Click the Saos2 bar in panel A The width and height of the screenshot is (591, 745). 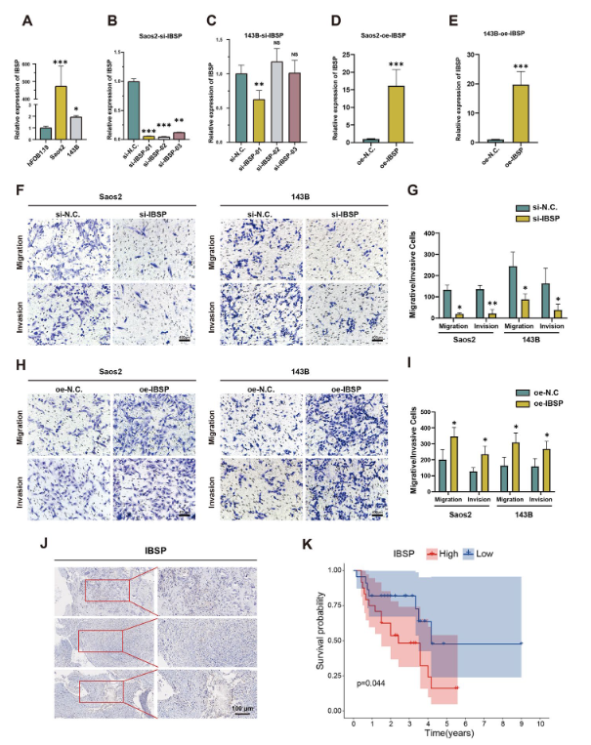(61, 115)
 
